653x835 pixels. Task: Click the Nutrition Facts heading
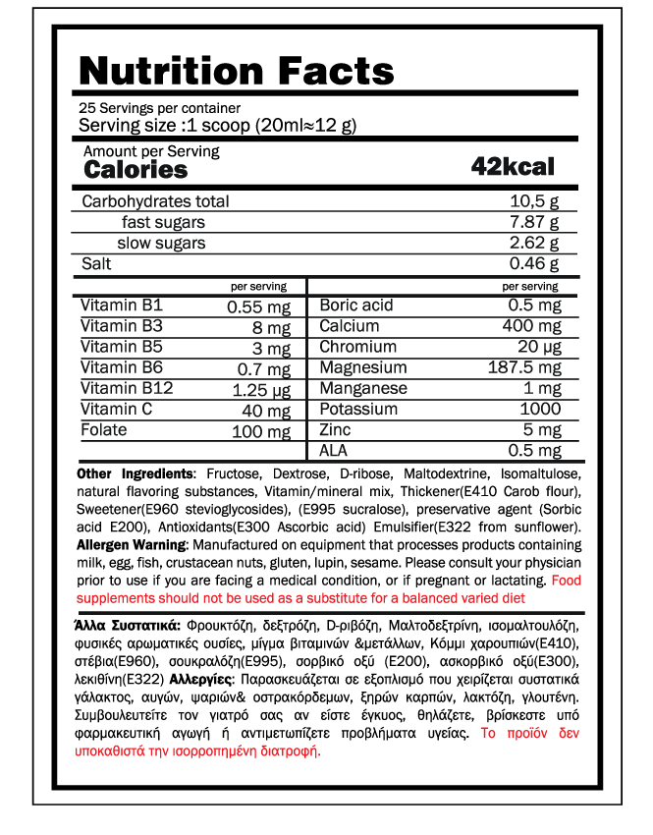236,71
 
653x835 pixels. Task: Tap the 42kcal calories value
513,166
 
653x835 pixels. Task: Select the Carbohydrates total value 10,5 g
534,201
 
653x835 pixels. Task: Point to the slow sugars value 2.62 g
534,244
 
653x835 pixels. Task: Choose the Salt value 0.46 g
534,264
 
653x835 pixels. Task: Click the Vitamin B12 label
127,388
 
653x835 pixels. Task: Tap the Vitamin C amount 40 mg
266,411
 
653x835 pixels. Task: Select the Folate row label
104,430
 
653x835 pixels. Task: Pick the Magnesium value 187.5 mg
524,368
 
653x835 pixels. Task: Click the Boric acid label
356,306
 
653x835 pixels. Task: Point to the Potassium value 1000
540,410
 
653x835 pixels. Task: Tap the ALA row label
335,451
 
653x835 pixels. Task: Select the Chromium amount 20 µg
539,347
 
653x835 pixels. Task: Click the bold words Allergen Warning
130,544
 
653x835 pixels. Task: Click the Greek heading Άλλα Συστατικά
127,625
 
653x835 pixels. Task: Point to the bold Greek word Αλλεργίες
200,680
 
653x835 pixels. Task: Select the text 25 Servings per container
159,108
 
